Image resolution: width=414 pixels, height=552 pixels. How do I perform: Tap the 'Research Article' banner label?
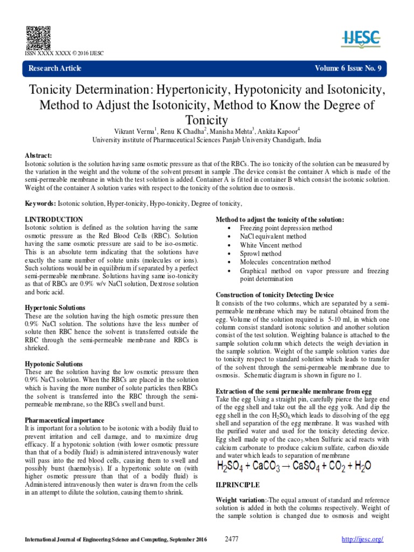pyautogui.click(x=55, y=68)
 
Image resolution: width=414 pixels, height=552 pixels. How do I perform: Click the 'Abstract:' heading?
pyautogui.click(x=39, y=155)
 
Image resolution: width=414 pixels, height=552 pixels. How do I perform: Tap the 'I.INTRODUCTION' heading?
pyautogui.click(x=54, y=219)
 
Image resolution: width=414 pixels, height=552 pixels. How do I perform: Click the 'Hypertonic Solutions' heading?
pyautogui.click(x=56, y=307)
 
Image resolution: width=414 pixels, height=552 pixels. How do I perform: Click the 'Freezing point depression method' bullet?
pyautogui.click(x=286, y=228)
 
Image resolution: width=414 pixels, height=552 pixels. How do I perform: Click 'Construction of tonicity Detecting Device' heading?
pyautogui.click(x=275, y=295)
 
